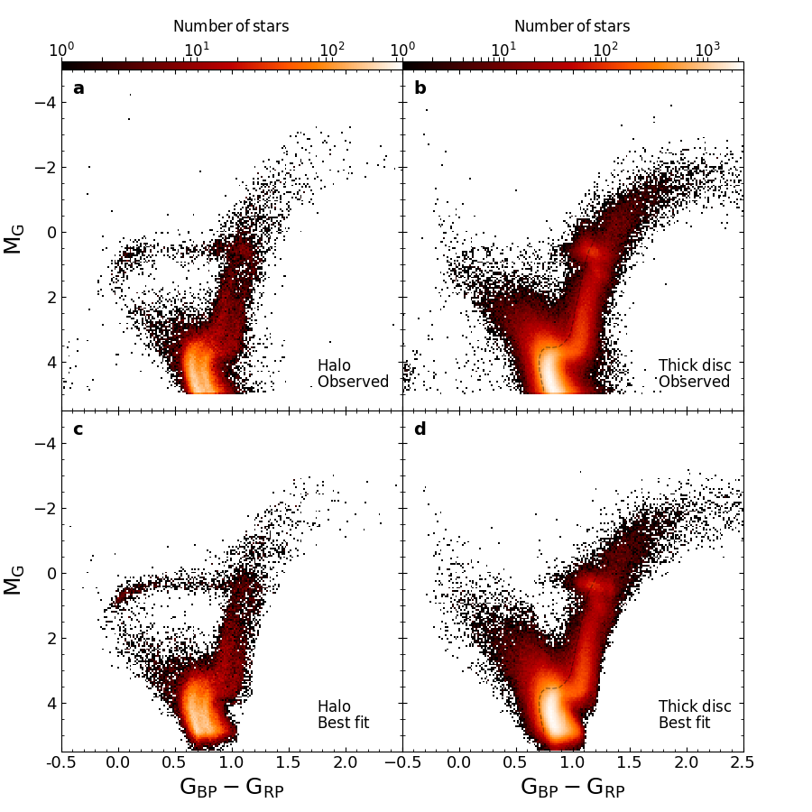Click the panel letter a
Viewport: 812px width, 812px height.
[78, 88]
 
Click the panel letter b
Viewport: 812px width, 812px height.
[420, 88]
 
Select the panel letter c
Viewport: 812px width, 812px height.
[78, 429]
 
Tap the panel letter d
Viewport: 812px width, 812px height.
[420, 429]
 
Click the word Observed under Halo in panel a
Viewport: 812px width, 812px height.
[353, 382]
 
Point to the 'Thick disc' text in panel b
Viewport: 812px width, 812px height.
[695, 365]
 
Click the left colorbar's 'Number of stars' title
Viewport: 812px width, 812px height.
[231, 26]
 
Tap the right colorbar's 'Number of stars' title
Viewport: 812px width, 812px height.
[572, 26]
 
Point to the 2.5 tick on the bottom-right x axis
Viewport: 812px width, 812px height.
[743, 763]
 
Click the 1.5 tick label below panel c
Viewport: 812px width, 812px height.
[288, 763]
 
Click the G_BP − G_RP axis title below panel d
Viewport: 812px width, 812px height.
[572, 787]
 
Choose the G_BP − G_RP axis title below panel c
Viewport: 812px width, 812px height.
[231, 787]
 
